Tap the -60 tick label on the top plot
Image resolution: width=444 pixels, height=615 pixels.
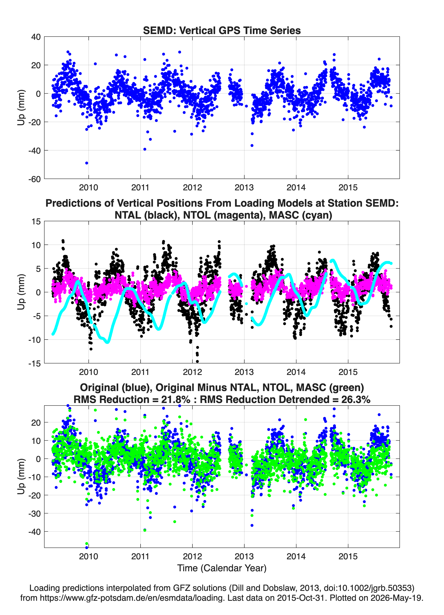(x=34, y=179)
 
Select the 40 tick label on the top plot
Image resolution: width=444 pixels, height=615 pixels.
(x=36, y=37)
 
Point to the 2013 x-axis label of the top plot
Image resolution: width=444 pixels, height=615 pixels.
(x=244, y=187)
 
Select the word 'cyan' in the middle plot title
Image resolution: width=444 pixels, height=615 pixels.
(x=315, y=215)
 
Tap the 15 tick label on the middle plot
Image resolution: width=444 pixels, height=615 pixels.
(x=36, y=221)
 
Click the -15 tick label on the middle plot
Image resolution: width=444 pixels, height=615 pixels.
(x=34, y=364)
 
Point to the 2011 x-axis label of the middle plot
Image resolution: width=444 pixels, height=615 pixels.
(x=140, y=372)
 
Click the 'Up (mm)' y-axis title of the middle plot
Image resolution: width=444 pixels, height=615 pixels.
(x=21, y=292)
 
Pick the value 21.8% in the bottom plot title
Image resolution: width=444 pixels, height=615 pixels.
(x=176, y=399)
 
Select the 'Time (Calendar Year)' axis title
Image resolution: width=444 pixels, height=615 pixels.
(x=222, y=568)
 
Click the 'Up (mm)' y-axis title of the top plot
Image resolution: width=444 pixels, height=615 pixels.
(x=21, y=108)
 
